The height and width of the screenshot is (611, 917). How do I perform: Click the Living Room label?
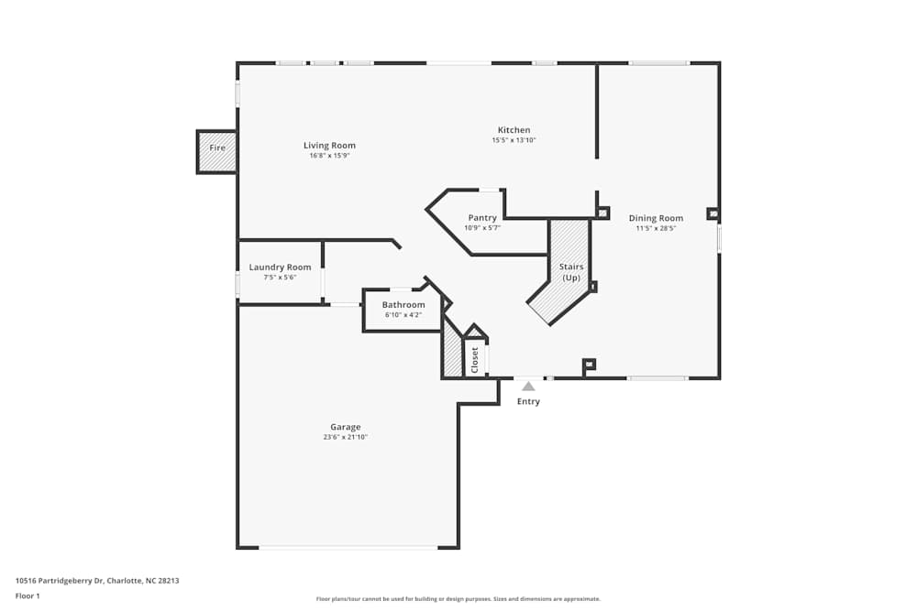pyautogui.click(x=329, y=146)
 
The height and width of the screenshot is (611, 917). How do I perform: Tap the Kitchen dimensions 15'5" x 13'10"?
pyautogui.click(x=514, y=140)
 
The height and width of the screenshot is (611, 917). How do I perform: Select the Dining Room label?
pyautogui.click(x=656, y=218)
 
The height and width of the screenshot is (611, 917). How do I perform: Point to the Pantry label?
pyautogui.click(x=482, y=218)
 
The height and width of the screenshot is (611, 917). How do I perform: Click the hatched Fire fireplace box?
pyautogui.click(x=216, y=151)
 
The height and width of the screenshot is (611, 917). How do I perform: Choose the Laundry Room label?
pyautogui.click(x=280, y=267)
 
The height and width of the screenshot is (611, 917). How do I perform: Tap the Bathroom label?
pyautogui.click(x=403, y=305)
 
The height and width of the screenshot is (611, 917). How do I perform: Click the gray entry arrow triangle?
pyautogui.click(x=528, y=387)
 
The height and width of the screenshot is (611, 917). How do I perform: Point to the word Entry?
pyautogui.click(x=528, y=401)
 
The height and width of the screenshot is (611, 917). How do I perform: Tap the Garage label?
pyautogui.click(x=346, y=427)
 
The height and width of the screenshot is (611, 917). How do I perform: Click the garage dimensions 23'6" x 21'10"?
pyautogui.click(x=346, y=437)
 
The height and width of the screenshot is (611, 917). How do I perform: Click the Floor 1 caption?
pyautogui.click(x=28, y=595)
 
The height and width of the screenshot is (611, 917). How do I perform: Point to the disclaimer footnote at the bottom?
pyautogui.click(x=458, y=598)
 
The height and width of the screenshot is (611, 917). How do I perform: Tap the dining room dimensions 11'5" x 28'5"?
pyautogui.click(x=656, y=228)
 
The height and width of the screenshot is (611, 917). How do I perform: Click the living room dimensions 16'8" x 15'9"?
pyautogui.click(x=329, y=156)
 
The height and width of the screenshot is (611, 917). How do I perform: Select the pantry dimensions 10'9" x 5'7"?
pyautogui.click(x=482, y=228)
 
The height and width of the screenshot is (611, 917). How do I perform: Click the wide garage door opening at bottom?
pyautogui.click(x=348, y=547)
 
